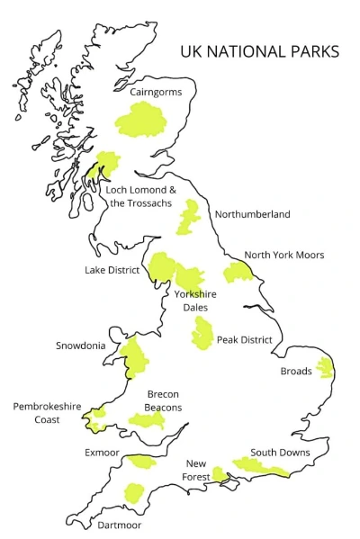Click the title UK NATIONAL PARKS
[259, 51]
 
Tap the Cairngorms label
[157, 92]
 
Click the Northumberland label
[252, 214]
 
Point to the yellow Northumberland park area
[189, 218]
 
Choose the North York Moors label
[283, 255]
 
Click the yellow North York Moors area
[239, 273]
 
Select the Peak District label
[244, 340]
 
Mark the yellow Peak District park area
[202, 334]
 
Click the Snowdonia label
[81, 346]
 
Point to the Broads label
[296, 371]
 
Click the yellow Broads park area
[324, 368]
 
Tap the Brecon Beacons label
[164, 400]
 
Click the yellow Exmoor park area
[141, 462]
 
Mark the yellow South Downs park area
[261, 467]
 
